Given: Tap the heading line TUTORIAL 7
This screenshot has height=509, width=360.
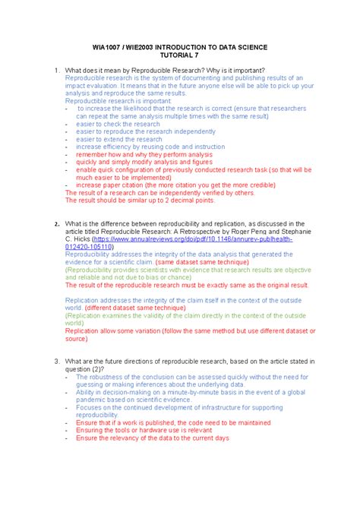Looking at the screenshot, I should click(179, 55).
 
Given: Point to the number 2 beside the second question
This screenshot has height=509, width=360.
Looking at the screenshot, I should click(55, 224).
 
